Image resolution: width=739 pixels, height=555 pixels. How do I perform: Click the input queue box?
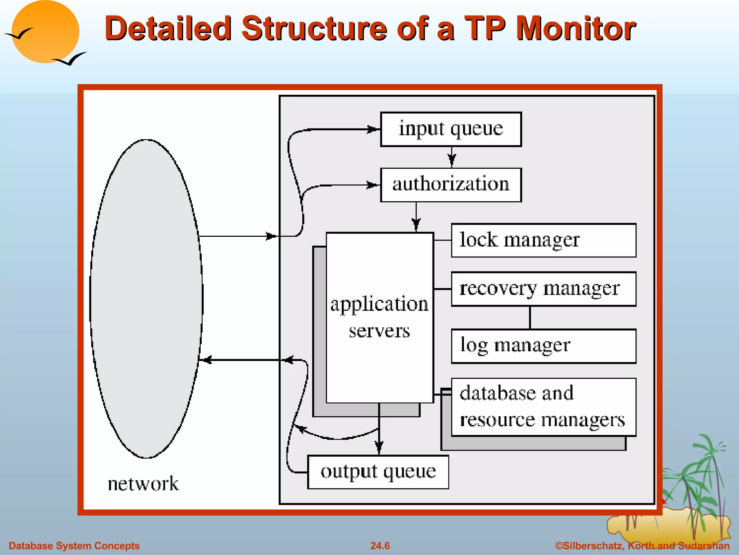pyautogui.click(x=451, y=129)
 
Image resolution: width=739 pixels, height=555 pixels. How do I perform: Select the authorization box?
pyautogui.click(x=451, y=185)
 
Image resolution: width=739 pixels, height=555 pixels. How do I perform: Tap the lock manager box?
pyautogui.click(x=543, y=240)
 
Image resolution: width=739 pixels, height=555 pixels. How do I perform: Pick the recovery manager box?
pyautogui.click(x=543, y=289)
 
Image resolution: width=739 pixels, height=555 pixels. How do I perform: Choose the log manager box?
pyautogui.click(x=543, y=346)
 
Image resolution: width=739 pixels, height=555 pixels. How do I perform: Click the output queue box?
pyautogui.click(x=378, y=472)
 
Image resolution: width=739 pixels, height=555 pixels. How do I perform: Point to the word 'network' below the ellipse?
pyautogui.click(x=143, y=484)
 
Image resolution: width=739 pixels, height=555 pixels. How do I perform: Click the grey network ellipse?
pyautogui.click(x=146, y=298)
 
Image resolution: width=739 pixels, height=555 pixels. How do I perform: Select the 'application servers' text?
pyautogui.click(x=379, y=317)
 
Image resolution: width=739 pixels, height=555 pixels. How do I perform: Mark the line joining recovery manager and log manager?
pyautogui.click(x=530, y=318)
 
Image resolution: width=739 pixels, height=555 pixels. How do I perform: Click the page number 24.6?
pyautogui.click(x=380, y=546)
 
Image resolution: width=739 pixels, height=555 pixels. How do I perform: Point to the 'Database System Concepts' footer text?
pyautogui.click(x=74, y=546)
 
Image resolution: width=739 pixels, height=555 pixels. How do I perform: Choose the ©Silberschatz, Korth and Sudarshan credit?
pyautogui.click(x=642, y=546)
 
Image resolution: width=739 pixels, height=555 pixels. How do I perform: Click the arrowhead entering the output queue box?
pyautogui.click(x=379, y=448)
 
